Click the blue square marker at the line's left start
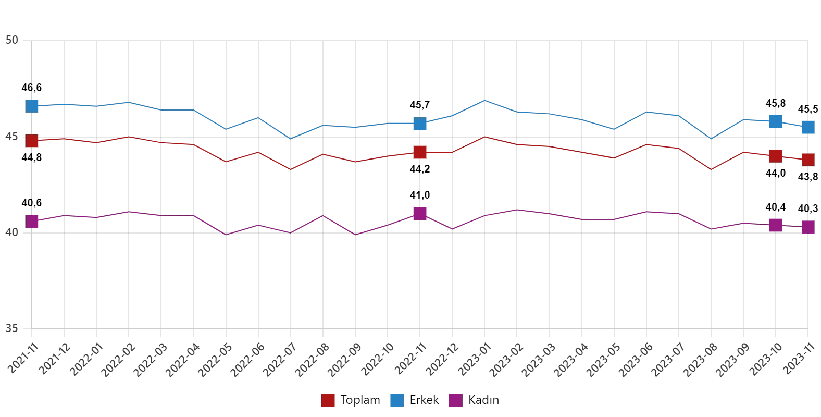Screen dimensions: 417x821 coord(32,105)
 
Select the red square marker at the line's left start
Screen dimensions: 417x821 coord(32,141)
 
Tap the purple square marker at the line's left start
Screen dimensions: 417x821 coord(32,221)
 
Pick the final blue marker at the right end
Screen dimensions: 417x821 coord(808,127)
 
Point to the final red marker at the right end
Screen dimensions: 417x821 coord(808,160)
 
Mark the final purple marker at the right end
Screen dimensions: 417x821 coord(808,227)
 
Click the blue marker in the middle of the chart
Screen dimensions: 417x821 coord(420,124)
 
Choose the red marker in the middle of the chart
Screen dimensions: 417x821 coord(420,152)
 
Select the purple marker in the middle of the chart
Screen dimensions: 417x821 coord(420,213)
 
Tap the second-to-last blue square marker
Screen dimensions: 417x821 coord(775,121)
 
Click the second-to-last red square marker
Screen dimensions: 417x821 coord(775,155)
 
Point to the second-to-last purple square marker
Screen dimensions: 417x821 coord(775,225)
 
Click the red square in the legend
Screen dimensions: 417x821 coord(328,400)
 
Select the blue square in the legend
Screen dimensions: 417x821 coord(396,400)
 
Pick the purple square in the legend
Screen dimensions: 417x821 coord(454,400)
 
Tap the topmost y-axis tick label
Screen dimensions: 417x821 coord(12,40)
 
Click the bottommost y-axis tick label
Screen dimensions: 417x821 coord(12,327)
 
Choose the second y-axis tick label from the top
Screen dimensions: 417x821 coord(12,136)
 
